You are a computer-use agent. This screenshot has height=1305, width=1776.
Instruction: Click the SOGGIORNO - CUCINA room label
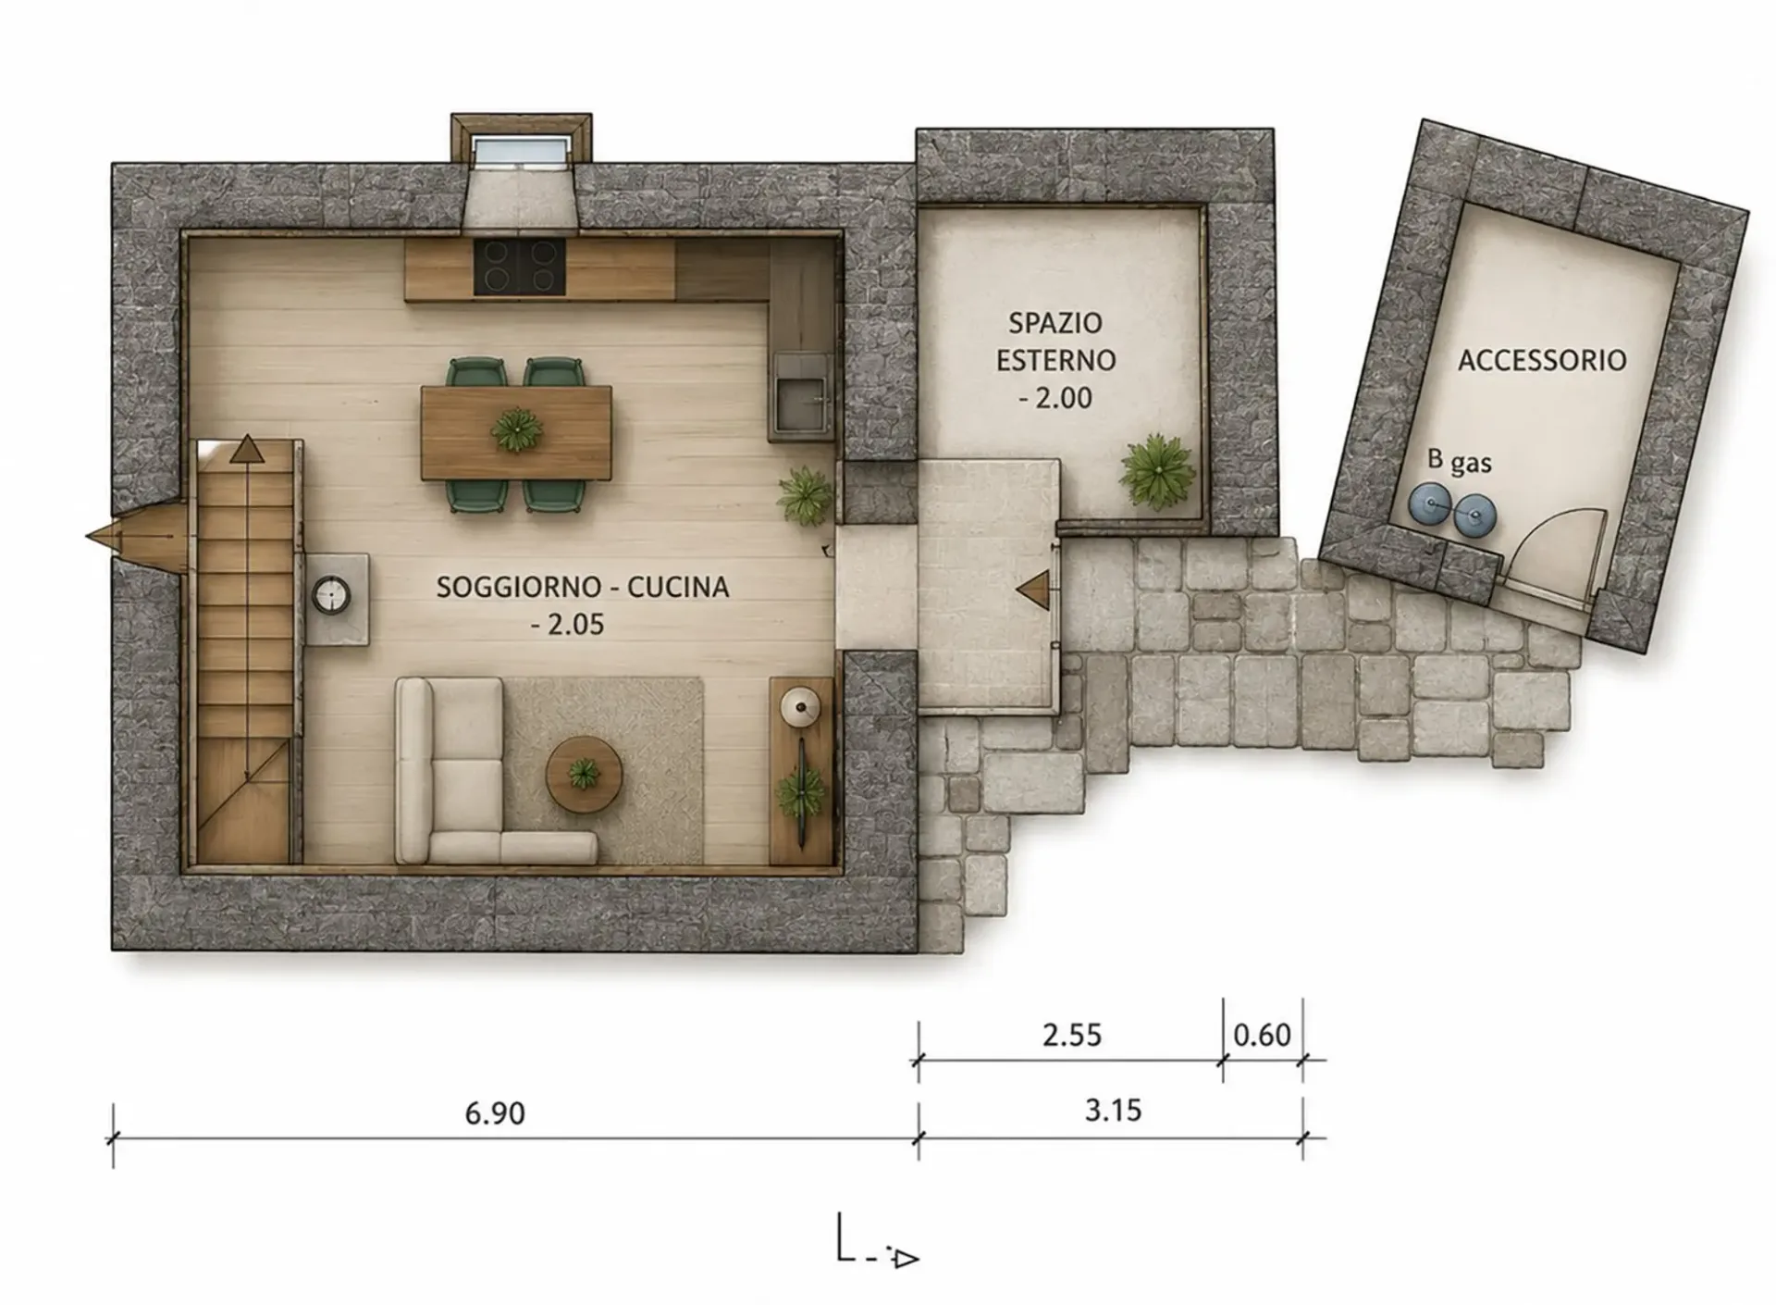(x=582, y=587)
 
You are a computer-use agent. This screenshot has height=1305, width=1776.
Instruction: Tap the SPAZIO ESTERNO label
(x=1055, y=341)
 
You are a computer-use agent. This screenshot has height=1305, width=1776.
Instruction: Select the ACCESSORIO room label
(x=1542, y=360)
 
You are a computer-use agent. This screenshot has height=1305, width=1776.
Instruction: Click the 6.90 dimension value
(x=495, y=1112)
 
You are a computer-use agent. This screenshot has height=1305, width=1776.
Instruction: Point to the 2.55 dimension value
(x=1072, y=1034)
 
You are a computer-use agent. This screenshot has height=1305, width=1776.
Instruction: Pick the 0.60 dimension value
(x=1262, y=1034)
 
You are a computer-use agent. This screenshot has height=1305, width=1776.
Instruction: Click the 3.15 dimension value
(x=1113, y=1110)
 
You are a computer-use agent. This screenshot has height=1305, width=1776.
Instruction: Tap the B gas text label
(x=1459, y=460)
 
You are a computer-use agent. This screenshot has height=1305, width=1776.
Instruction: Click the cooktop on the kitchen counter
(x=520, y=267)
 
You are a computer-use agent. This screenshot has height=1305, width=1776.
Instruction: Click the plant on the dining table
(x=516, y=430)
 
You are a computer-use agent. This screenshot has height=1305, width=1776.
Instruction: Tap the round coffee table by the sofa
(x=584, y=775)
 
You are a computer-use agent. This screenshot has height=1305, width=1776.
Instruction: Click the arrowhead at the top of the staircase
(x=247, y=450)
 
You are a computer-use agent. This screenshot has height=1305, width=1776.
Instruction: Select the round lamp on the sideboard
(x=799, y=708)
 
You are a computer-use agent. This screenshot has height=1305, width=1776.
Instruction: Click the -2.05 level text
(x=567, y=625)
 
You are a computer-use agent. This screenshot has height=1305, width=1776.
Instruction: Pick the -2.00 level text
(x=1055, y=398)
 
